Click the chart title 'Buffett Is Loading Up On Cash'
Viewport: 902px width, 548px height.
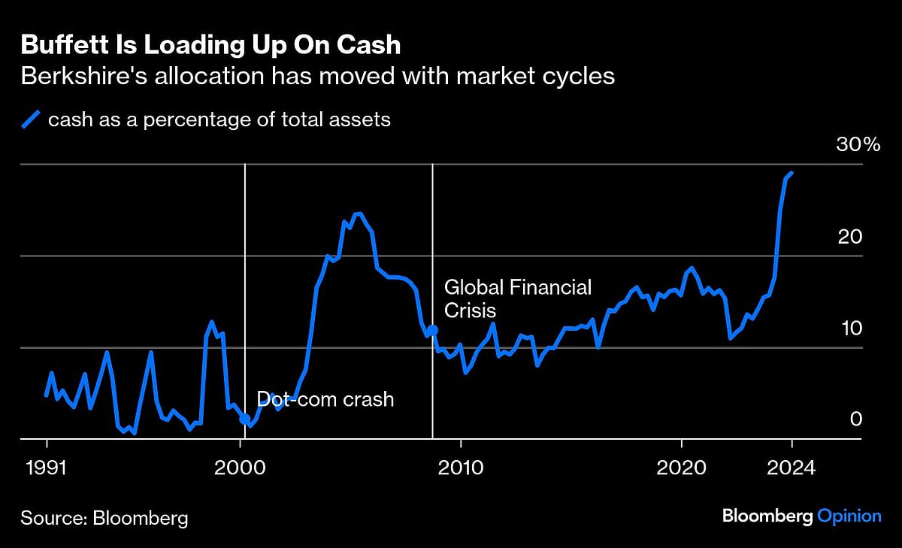(x=210, y=45)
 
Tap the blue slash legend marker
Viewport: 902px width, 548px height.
(x=32, y=120)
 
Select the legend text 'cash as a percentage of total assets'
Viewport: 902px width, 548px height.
(x=219, y=120)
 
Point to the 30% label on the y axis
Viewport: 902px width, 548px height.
(x=858, y=146)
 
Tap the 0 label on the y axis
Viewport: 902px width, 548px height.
(x=856, y=419)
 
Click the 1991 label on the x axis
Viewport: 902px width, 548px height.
(x=47, y=467)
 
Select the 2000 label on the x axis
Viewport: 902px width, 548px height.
(x=241, y=467)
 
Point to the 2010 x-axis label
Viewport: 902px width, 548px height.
(x=459, y=467)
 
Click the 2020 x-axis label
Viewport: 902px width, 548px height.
(x=681, y=467)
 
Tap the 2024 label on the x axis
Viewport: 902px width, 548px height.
(x=792, y=467)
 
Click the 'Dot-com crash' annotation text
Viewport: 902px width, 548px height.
(x=325, y=398)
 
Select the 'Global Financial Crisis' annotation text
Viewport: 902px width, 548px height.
(x=518, y=298)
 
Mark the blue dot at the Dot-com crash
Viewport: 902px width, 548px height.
(x=245, y=419)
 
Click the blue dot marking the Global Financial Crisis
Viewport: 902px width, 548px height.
(x=432, y=330)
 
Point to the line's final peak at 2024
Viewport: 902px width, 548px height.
(x=792, y=173)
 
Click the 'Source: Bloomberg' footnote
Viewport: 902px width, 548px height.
(x=104, y=518)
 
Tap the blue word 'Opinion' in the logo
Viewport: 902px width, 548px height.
(x=849, y=516)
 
